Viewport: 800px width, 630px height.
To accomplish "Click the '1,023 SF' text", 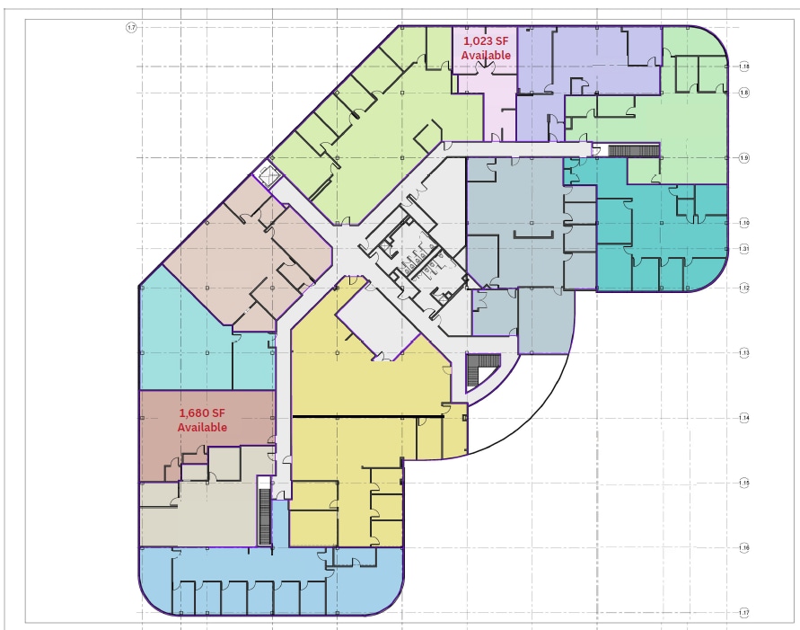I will point(486,41).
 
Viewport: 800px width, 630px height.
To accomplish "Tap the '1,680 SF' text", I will point(202,413).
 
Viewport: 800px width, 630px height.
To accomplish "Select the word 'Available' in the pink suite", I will point(486,56).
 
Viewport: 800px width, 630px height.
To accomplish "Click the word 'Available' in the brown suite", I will point(202,428).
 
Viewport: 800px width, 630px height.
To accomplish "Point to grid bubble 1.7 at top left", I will point(131,28).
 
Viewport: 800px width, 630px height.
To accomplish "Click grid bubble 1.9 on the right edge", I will point(744,158).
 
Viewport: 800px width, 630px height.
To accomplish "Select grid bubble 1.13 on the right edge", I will point(744,353).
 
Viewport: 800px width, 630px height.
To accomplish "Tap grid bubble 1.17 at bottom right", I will point(744,613).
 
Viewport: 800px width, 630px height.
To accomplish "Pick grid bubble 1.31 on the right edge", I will point(744,249).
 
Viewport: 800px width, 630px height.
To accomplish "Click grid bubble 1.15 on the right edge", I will point(744,484).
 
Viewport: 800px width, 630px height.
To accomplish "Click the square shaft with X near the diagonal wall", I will point(267,174).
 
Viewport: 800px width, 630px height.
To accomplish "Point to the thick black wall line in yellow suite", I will point(368,417).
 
